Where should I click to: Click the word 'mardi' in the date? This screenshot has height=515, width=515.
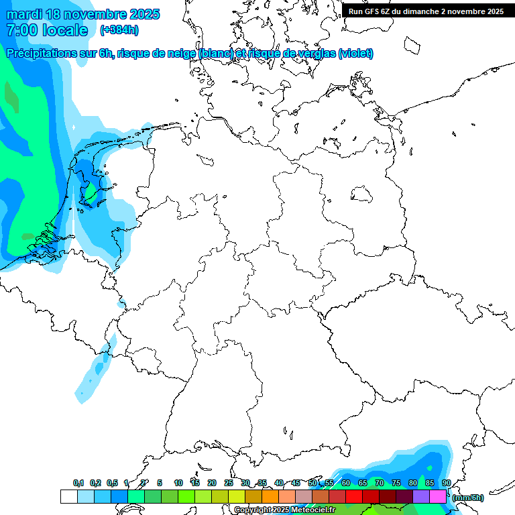pyautogui.click(x=25, y=14)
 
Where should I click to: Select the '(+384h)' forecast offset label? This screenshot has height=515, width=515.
pyautogui.click(x=120, y=30)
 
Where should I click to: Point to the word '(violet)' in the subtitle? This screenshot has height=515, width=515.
pyautogui.click(x=356, y=54)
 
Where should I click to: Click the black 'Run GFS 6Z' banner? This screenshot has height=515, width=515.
pyautogui.click(x=426, y=11)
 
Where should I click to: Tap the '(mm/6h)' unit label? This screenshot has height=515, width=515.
pyautogui.click(x=467, y=498)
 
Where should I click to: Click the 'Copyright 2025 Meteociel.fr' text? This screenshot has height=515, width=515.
pyautogui.click(x=284, y=510)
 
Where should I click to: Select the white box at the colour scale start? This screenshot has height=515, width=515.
pyautogui.click(x=68, y=496)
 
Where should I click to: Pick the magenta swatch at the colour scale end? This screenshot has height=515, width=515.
pyautogui.click(x=437, y=496)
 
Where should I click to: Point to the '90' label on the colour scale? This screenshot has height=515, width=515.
pyautogui.click(x=446, y=483)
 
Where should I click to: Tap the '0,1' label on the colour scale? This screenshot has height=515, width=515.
pyautogui.click(x=78, y=483)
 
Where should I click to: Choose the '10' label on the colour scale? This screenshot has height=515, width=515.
pyautogui.click(x=178, y=483)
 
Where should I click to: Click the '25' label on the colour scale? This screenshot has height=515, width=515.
pyautogui.click(x=228, y=483)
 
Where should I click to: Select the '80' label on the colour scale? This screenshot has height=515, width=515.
pyautogui.click(x=412, y=483)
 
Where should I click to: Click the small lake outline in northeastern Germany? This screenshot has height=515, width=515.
pyautogui.click(x=362, y=194)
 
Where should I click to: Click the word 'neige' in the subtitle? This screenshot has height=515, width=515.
pyautogui.click(x=180, y=54)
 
